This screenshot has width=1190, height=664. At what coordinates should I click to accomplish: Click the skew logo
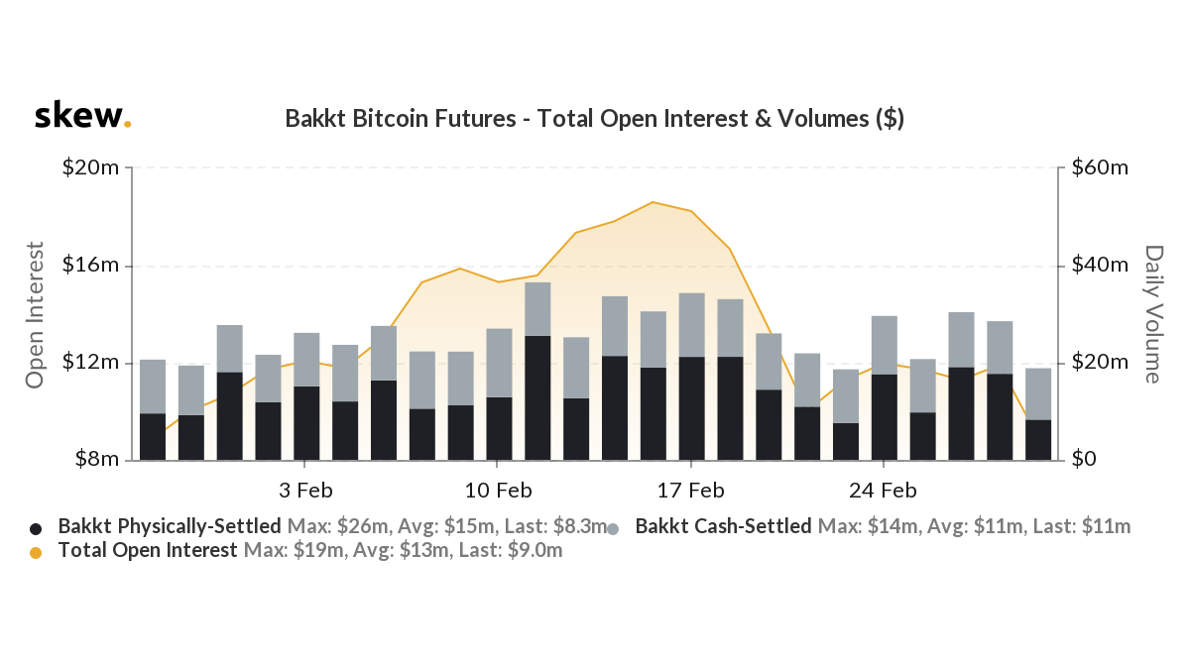[82, 117]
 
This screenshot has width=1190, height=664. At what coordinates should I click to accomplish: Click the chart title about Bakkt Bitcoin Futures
[594, 119]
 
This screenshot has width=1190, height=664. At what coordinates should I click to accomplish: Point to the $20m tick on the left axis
[91, 168]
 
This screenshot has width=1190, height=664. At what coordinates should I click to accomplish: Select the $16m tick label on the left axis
[91, 266]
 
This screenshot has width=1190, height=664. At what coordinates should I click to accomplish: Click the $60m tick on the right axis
[1100, 168]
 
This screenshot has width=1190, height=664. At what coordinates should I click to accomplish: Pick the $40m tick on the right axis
[1100, 266]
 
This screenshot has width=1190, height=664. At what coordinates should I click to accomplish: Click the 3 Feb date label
[304, 491]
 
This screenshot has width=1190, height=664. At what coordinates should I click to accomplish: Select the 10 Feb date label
[498, 491]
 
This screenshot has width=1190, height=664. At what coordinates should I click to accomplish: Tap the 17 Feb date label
[690, 491]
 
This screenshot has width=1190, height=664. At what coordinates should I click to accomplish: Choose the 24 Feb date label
[883, 491]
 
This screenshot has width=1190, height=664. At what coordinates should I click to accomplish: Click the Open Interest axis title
[36, 314]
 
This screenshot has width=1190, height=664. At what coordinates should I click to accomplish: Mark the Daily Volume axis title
[1153, 314]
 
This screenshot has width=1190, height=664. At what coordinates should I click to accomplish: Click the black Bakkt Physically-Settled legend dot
[37, 528]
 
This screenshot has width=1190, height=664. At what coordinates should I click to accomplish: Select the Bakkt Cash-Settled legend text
[723, 526]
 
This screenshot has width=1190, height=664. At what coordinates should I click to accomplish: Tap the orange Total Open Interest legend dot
[37, 552]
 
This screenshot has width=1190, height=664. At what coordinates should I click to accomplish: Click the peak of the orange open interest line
[654, 202]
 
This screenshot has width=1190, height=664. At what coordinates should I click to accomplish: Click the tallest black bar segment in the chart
[537, 396]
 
